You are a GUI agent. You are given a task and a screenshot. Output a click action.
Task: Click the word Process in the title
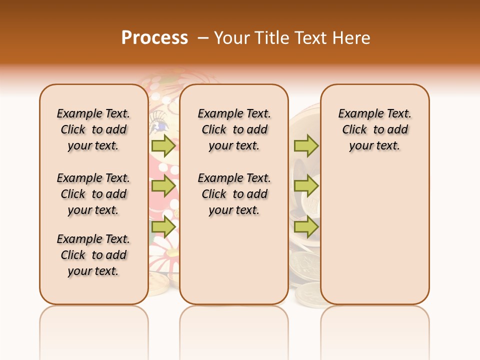pos(154,38)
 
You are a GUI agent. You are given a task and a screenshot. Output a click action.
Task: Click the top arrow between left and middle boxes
pos(163,145)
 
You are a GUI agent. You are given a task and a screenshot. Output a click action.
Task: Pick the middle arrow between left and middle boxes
pos(163,186)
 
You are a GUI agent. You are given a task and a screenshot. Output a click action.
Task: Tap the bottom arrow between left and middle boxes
pos(163,227)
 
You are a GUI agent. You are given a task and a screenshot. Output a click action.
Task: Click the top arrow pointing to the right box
pos(306,145)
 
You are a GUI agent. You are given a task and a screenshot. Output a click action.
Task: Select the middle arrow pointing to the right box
pos(306,186)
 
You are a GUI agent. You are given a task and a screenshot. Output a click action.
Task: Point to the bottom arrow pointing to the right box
pos(306,227)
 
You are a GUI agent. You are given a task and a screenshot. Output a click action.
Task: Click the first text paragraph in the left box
pos(93,129)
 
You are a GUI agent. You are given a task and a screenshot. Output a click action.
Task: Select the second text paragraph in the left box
pos(93,194)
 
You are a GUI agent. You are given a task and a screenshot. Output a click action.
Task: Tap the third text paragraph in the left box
pos(93,255)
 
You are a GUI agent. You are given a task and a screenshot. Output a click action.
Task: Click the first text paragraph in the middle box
pos(234,129)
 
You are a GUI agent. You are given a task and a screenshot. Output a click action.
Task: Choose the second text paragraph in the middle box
pos(234,194)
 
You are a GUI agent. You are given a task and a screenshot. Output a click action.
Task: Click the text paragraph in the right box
pos(375,129)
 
